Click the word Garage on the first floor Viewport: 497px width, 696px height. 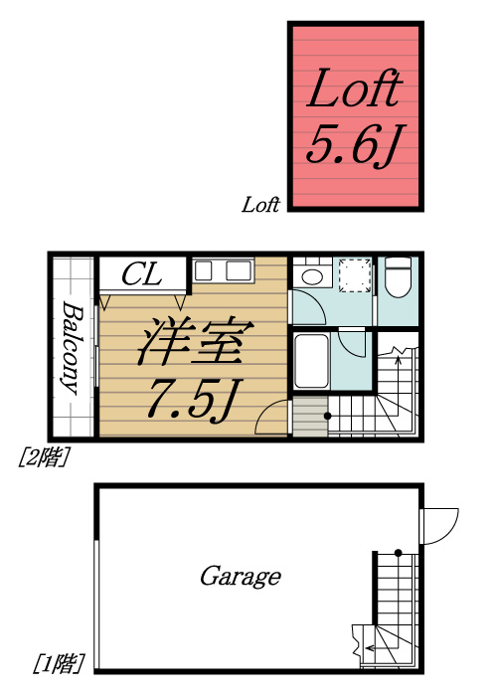pos(240,576)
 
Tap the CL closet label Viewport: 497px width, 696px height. pos(142,274)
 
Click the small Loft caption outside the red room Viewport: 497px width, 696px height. pos(261,206)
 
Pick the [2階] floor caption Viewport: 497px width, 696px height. pos(43,456)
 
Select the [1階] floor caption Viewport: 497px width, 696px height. pos(58,661)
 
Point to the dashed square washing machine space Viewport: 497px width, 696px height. pos(353,274)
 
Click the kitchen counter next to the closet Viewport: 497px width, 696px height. pos(223,270)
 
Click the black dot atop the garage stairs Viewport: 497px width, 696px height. pos(397,552)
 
